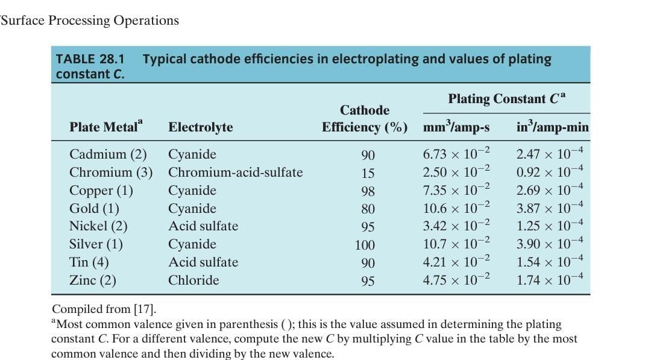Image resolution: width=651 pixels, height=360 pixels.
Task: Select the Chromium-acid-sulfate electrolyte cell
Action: click(235, 172)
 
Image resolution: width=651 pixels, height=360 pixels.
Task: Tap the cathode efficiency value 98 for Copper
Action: click(368, 191)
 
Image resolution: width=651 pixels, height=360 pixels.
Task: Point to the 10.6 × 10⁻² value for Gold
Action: click(457, 208)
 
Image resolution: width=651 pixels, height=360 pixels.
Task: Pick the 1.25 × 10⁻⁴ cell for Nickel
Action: click(550, 226)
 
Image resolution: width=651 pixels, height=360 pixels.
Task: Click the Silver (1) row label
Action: click(96, 244)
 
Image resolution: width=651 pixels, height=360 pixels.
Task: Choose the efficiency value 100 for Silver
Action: click(365, 245)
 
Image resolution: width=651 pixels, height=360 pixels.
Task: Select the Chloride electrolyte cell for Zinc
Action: click(193, 280)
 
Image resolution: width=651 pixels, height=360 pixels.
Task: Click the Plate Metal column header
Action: click(107, 127)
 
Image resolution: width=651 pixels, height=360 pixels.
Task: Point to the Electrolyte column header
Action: click(200, 127)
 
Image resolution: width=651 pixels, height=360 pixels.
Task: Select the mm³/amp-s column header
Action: click(456, 128)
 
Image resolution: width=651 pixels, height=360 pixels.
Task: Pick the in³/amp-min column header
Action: click(553, 128)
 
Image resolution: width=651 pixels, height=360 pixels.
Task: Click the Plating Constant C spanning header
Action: click(506, 99)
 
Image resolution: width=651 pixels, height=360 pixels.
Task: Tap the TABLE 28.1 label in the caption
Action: click(90, 59)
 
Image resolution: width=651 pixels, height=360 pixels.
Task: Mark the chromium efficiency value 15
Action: click(368, 173)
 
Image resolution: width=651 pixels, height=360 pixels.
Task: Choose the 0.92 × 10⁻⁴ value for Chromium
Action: click(550, 172)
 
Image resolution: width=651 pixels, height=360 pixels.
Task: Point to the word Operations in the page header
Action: click(146, 21)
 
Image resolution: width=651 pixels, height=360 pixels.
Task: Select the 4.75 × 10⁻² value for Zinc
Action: click(457, 280)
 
